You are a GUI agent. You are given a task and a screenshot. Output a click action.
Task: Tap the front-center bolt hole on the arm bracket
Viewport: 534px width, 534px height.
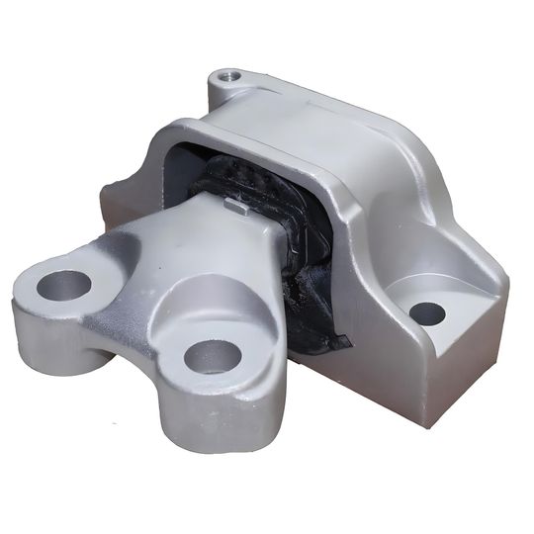(x=213, y=356)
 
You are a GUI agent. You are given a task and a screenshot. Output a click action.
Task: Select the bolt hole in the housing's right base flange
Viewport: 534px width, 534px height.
(x=427, y=313)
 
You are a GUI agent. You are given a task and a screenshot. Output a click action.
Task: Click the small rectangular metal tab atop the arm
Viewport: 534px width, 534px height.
(x=236, y=206)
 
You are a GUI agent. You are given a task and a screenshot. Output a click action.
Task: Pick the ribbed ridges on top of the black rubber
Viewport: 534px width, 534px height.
(x=242, y=178)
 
